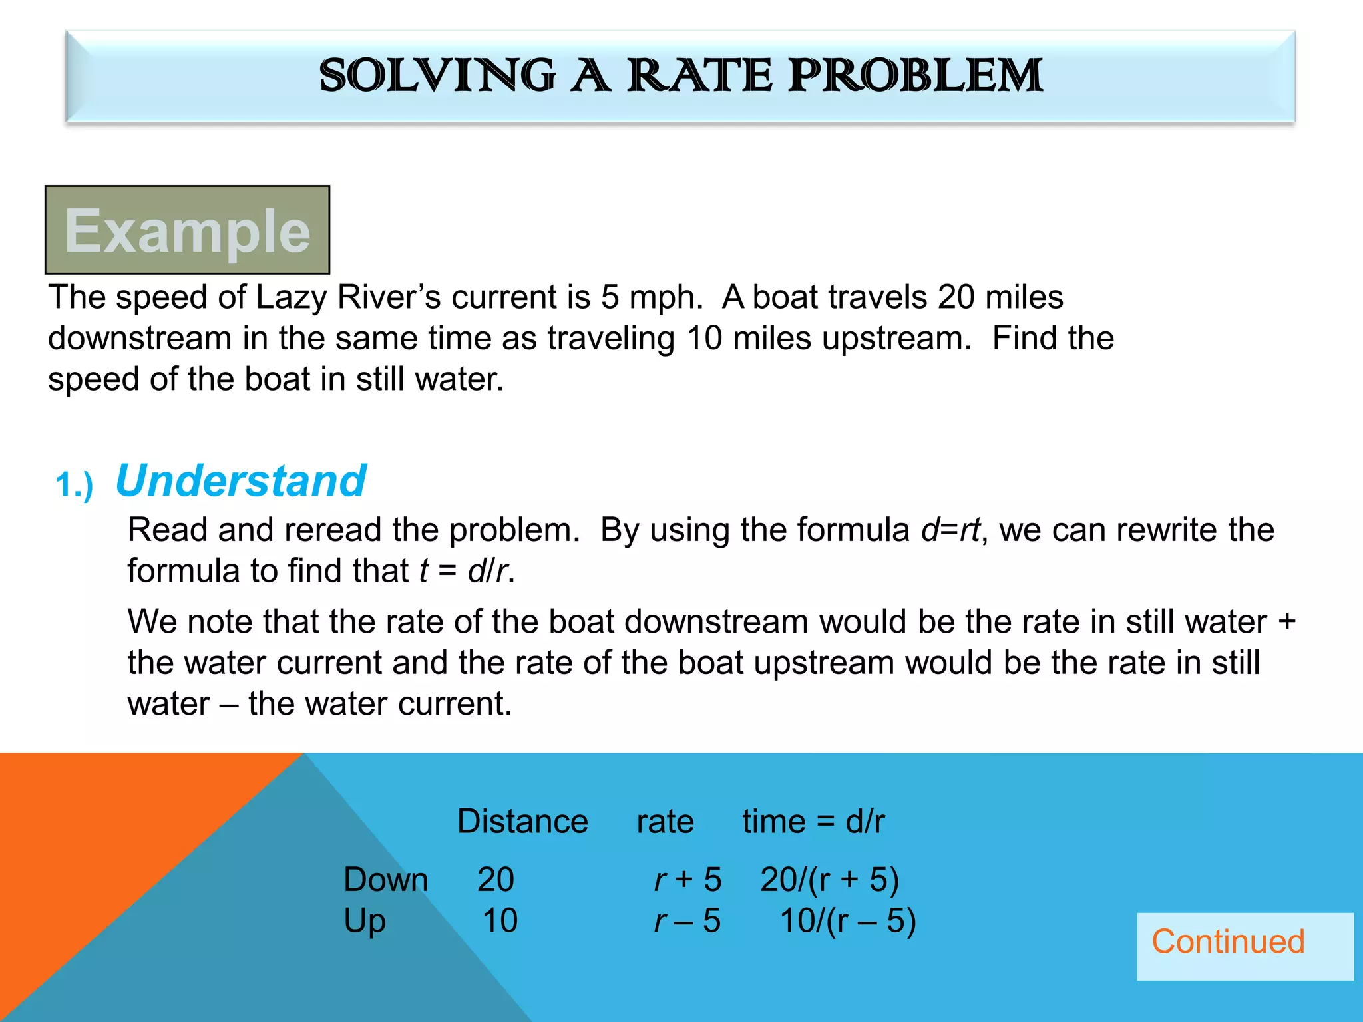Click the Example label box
coord(188,230)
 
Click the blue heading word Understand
coord(240,480)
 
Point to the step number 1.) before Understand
coord(74,484)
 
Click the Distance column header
coord(522,821)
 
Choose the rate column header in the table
coord(665,821)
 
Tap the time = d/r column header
coord(813,821)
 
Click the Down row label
coord(385,880)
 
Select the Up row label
coord(365,922)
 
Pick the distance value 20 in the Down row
coord(496,880)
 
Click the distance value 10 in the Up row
coord(500,921)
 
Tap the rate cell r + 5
coord(687,880)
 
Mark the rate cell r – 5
coord(687,921)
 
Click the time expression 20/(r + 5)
coord(829,880)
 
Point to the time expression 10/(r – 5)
coord(848,921)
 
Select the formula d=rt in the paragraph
coord(950,530)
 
